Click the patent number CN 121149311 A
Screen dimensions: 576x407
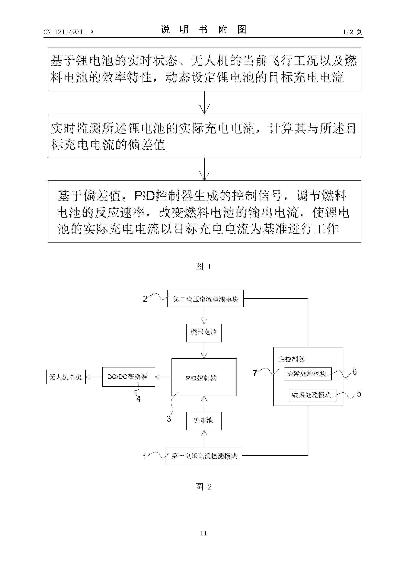[x=68, y=32]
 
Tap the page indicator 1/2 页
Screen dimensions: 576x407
[x=352, y=32]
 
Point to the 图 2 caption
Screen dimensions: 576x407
[x=203, y=487]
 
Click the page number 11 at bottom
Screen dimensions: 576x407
[x=203, y=533]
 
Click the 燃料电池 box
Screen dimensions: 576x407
[x=204, y=333]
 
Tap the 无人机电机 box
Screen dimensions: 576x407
[x=66, y=377]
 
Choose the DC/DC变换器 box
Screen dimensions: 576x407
[x=128, y=377]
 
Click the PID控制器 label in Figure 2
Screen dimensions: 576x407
[x=201, y=378]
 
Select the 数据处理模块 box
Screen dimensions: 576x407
[x=312, y=395]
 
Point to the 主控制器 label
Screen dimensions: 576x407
[x=292, y=359]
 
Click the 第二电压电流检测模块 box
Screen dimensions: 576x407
[x=205, y=299]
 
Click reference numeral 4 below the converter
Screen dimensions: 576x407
[x=138, y=399]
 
